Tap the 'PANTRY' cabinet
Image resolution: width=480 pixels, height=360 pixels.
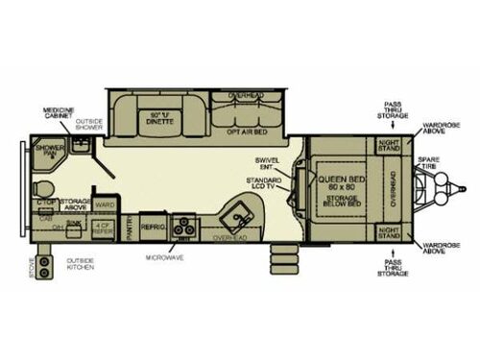(x=131, y=228)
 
